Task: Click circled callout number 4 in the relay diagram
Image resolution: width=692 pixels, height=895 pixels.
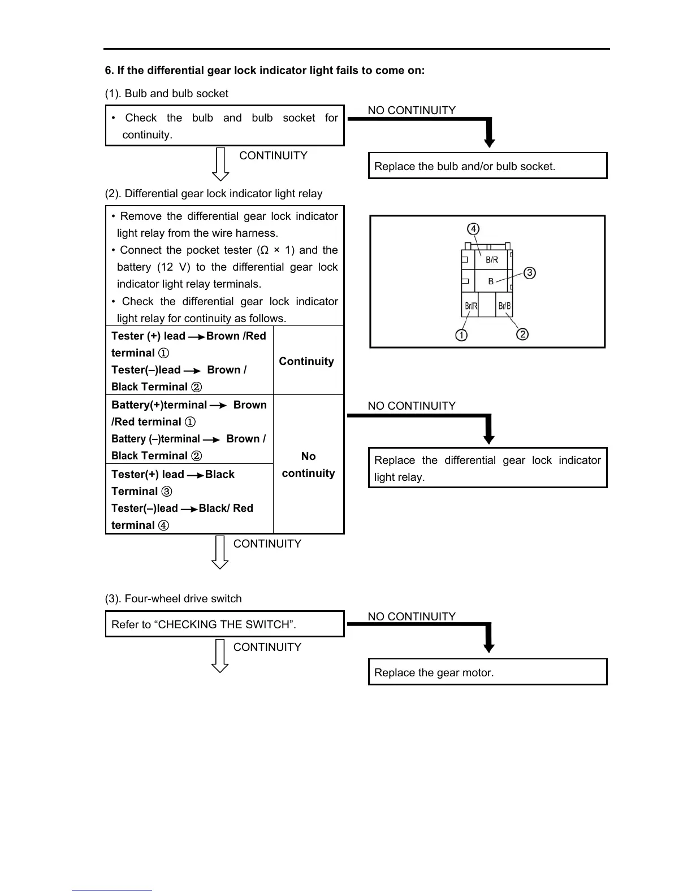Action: [x=473, y=229]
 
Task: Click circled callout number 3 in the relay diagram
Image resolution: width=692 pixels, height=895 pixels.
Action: [x=529, y=273]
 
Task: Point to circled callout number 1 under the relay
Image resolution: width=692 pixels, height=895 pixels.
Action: [x=461, y=335]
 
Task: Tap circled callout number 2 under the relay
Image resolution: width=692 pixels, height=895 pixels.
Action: [x=523, y=334]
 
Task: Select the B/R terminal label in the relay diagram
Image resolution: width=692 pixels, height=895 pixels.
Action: [x=492, y=260]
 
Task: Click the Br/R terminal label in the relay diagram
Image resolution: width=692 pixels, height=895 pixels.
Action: [x=470, y=306]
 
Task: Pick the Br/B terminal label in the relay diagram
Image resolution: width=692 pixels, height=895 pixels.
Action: [x=504, y=306]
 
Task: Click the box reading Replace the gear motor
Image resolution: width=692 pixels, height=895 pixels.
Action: [x=487, y=672]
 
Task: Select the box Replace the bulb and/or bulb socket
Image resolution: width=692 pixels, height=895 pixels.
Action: [x=487, y=166]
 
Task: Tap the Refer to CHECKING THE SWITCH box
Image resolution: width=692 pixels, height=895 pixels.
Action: [x=224, y=624]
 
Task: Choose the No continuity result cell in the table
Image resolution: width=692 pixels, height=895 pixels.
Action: [x=308, y=464]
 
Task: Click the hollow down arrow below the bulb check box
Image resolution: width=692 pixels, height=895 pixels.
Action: [x=220, y=164]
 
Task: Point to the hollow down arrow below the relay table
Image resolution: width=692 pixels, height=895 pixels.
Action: [x=220, y=552]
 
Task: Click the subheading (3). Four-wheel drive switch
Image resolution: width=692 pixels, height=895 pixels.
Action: [x=173, y=598]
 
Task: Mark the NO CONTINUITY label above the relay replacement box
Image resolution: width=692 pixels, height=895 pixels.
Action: [x=411, y=406]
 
